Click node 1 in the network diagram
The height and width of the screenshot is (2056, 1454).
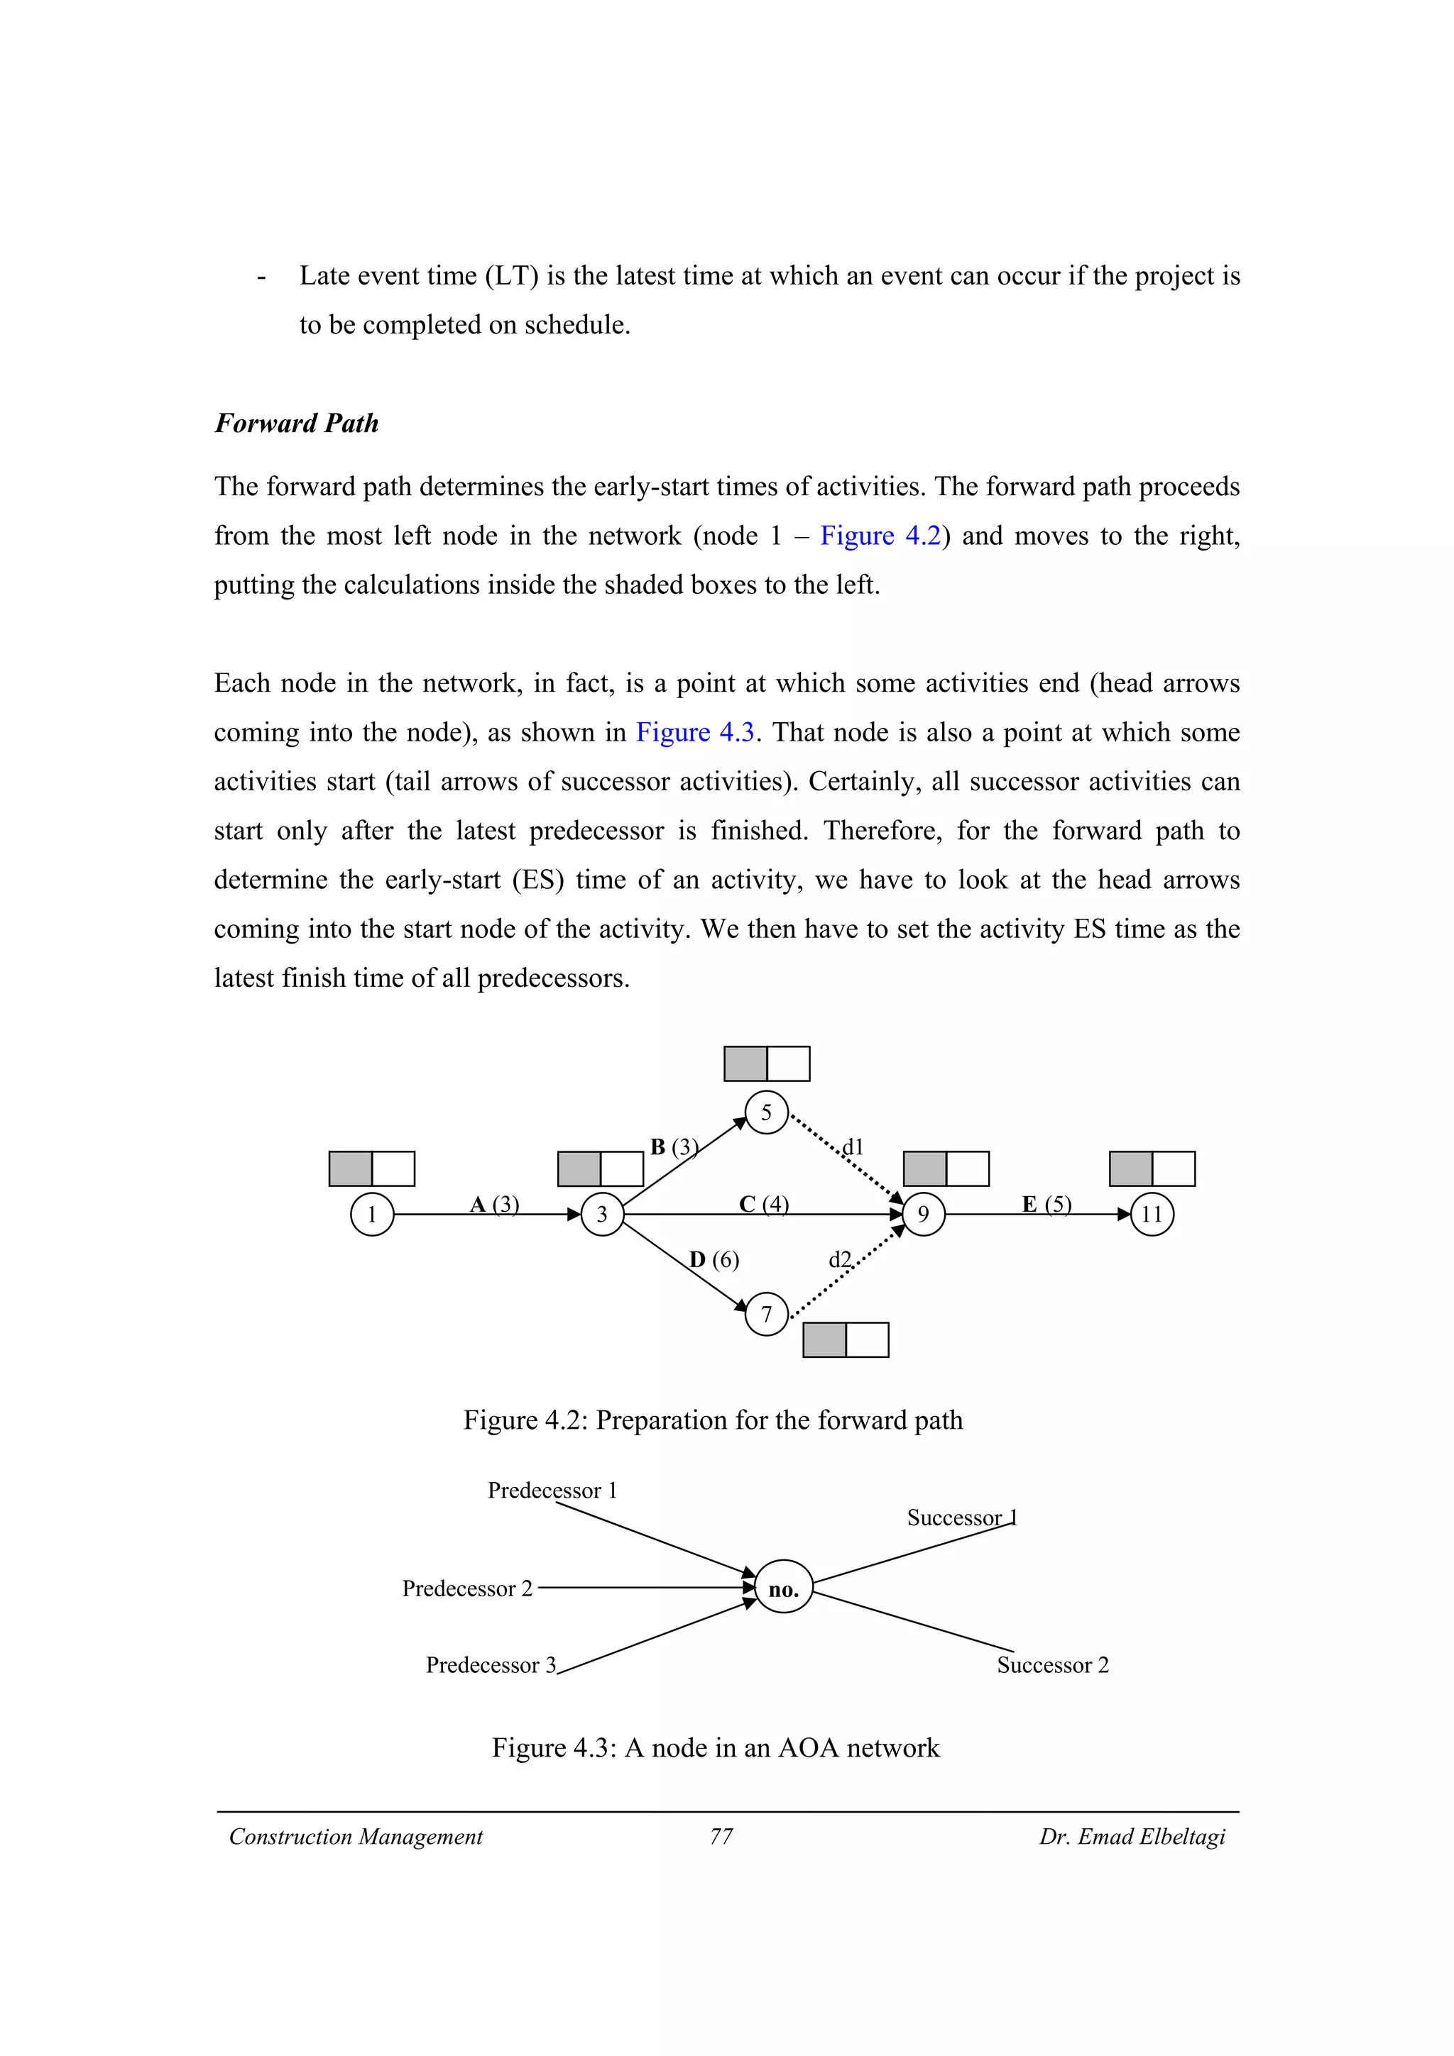pos(372,1215)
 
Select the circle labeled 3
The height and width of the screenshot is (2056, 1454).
pos(602,1215)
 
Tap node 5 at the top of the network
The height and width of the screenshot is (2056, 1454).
pos(766,1113)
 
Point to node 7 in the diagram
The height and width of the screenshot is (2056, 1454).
pos(766,1315)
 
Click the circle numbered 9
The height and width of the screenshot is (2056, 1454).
pos(924,1215)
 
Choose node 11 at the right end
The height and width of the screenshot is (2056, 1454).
pos(1152,1215)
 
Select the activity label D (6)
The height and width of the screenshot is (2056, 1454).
pos(714,1260)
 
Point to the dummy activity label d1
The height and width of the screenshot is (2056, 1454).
pos(853,1146)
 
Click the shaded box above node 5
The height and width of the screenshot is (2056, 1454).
pos(745,1063)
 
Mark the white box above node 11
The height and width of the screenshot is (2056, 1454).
pos(1174,1168)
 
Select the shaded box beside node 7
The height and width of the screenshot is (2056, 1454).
pos(824,1339)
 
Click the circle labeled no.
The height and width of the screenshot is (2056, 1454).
pos(784,1589)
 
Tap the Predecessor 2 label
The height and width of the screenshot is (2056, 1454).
pos(466,1588)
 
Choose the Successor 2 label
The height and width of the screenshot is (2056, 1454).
pos(1053,1664)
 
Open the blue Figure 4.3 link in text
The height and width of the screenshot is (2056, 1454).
pos(695,731)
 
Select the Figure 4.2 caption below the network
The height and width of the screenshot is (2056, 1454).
pos(713,1420)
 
